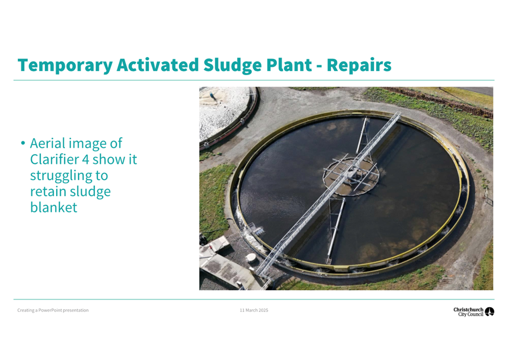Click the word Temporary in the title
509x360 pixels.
point(65,65)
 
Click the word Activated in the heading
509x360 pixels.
point(157,65)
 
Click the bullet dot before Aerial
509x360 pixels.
point(23,143)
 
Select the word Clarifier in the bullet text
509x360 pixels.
point(57,159)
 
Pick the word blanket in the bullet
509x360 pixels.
point(53,208)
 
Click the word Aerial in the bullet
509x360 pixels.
point(53,143)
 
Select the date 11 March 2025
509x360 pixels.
point(254,310)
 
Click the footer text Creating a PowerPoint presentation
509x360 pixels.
point(53,310)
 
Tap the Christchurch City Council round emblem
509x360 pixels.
point(489,312)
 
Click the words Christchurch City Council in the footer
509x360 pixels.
point(469,312)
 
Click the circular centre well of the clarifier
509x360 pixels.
point(351,176)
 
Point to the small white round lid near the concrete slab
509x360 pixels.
point(251,258)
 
